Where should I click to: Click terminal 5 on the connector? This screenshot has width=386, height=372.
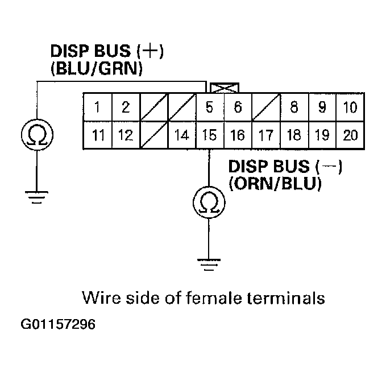(210, 107)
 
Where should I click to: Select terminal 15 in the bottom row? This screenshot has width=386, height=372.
(210, 135)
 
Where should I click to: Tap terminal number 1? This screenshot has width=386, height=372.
(98, 107)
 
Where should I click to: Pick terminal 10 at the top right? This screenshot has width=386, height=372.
(350, 107)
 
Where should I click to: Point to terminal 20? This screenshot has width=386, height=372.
(350, 135)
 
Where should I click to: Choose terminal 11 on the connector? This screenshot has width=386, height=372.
(98, 135)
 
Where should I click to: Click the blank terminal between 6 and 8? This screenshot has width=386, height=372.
(266, 107)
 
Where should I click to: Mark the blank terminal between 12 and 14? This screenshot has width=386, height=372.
(154, 135)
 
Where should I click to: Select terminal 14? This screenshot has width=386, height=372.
(182, 135)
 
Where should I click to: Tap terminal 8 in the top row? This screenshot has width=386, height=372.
(294, 107)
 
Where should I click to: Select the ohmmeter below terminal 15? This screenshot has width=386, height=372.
(210, 202)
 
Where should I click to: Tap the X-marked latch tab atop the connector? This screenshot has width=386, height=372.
(225, 88)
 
